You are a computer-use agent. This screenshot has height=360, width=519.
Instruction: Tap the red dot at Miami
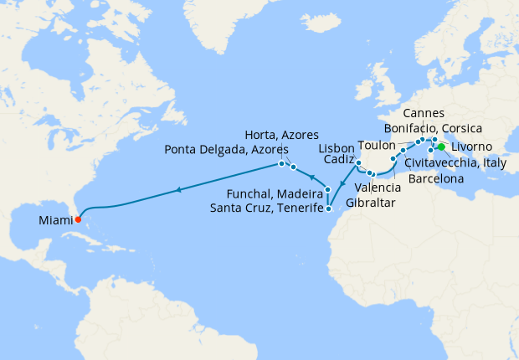pos(78,220)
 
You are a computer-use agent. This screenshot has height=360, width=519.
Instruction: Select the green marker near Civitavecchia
pos(441,147)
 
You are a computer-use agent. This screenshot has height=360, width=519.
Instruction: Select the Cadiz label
pos(336,158)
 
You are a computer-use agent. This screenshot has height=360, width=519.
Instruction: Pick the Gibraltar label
pos(369,203)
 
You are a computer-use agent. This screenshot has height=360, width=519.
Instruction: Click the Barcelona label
pos(436,178)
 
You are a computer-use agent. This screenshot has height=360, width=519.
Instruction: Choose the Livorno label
pos(475,147)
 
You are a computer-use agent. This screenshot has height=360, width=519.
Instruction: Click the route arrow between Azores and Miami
pos(177,191)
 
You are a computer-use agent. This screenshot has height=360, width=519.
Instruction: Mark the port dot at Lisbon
pos(358,162)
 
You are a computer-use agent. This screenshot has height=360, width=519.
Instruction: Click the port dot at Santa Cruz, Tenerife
pos(329,209)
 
